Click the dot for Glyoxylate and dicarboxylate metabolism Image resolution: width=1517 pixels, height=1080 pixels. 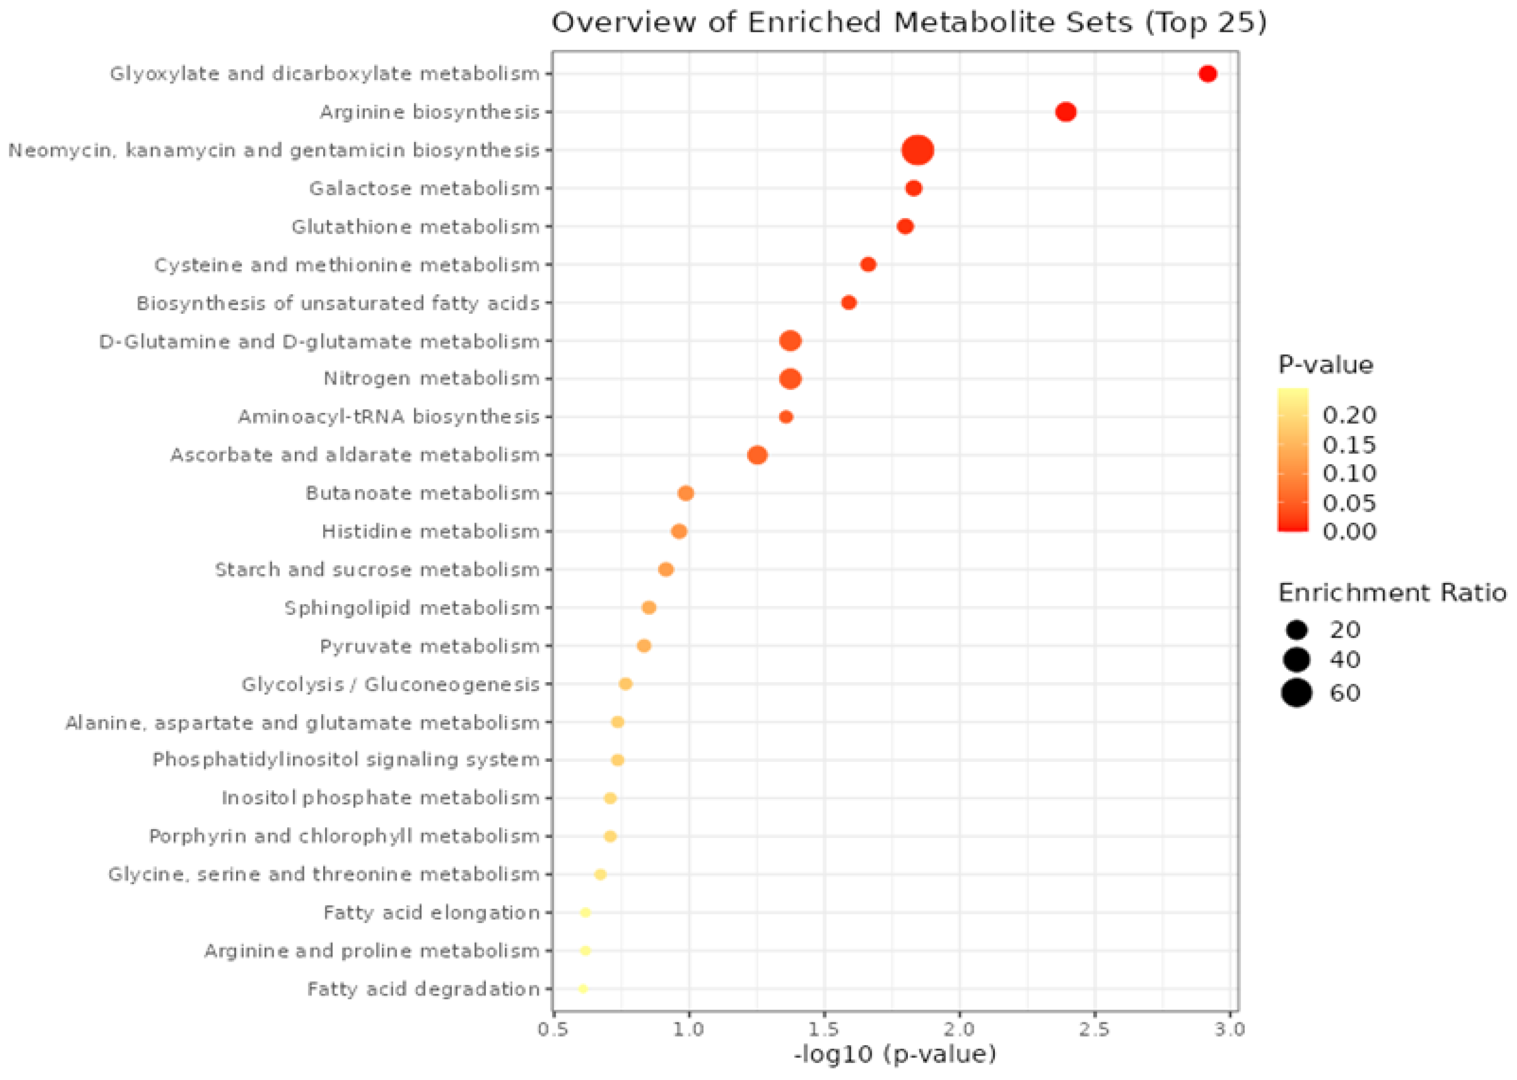coord(1208,74)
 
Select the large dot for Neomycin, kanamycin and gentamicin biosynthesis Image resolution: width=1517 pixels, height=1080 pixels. coord(918,151)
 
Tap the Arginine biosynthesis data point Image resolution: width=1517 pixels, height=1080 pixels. coord(1065,112)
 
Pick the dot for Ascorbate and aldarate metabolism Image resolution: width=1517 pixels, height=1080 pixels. coord(757,455)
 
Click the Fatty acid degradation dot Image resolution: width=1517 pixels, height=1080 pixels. coord(583,989)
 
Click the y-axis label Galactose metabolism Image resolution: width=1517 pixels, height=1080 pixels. coord(424,189)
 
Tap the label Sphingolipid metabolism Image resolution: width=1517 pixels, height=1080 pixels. coord(411,608)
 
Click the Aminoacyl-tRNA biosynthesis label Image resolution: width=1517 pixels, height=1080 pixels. coord(389,417)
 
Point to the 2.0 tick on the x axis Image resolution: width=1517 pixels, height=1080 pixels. coord(960,1030)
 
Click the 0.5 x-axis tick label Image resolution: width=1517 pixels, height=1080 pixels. coord(553,1030)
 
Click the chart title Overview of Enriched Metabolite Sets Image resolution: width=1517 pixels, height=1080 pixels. coord(908,22)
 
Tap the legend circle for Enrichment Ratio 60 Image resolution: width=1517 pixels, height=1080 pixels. coord(1296,693)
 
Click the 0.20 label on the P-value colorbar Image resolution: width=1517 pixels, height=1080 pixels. coord(1349,415)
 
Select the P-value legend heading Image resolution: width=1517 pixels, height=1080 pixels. coord(1325,365)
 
